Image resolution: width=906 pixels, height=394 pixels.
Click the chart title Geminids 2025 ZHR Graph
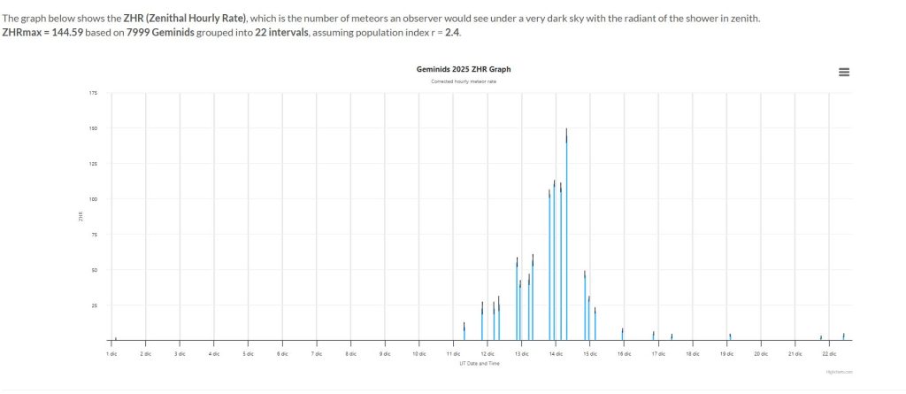point(464,69)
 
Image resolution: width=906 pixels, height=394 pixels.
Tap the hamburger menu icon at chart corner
point(843,72)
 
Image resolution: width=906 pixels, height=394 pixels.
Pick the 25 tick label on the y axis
point(95,305)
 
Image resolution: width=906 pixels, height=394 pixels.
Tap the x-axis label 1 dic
point(111,353)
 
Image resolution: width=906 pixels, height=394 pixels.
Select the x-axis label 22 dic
point(828,353)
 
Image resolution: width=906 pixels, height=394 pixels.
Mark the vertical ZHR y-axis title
point(81,216)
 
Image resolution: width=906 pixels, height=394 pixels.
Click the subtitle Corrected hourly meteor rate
point(464,81)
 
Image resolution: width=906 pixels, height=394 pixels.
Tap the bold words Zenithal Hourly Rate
point(195,18)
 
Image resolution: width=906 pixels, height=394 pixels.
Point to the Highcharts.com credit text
point(838,373)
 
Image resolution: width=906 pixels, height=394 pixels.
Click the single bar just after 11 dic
point(465,332)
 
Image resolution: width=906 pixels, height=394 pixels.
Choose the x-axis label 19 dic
point(726,353)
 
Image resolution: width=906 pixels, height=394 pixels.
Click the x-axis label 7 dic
point(316,353)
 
